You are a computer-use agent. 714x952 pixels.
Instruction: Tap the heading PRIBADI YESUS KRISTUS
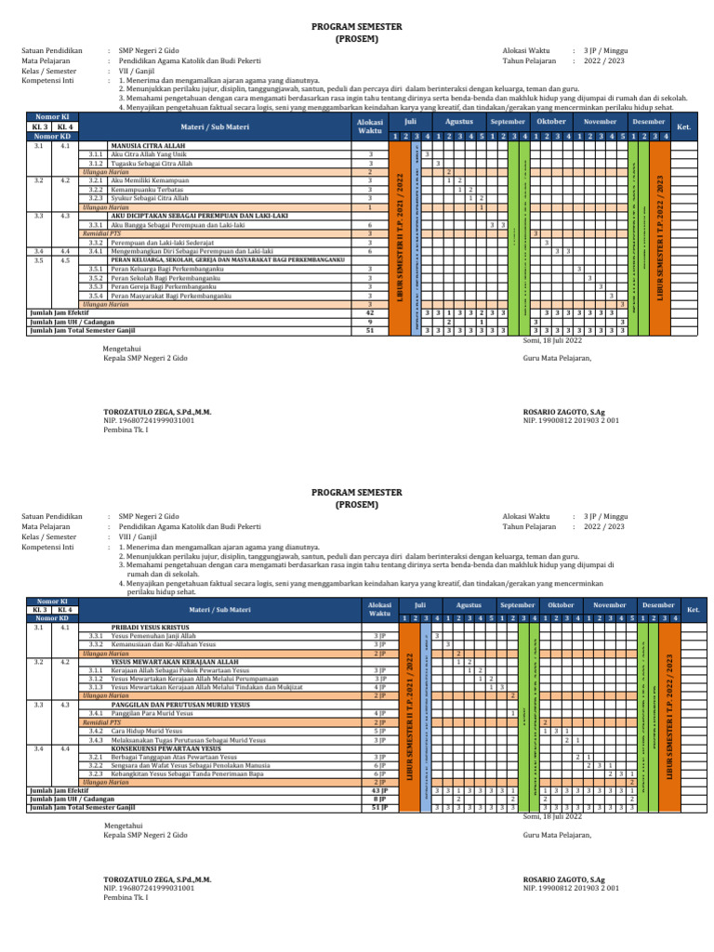151,628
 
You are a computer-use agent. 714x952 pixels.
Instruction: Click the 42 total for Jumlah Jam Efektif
370,313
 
